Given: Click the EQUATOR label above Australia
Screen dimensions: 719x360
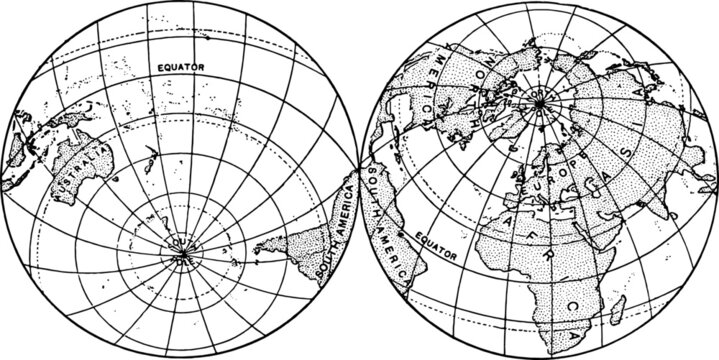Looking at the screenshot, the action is tap(181, 66).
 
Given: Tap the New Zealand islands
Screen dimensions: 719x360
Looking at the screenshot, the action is tap(148, 158).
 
